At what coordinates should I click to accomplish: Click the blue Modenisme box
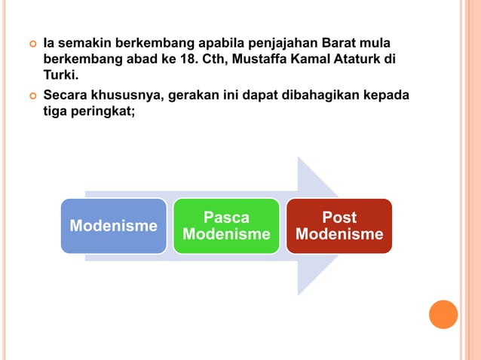113,226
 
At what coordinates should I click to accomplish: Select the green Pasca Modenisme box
226,226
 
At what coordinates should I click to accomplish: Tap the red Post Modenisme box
339,226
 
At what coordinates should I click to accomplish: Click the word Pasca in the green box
226,218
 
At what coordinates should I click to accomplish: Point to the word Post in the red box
339,218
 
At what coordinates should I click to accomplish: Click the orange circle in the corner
443,314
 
